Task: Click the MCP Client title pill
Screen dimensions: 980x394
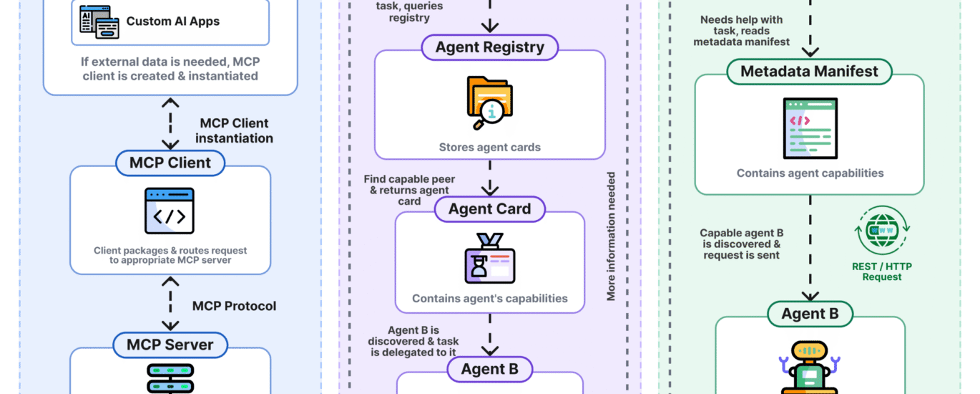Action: click(x=170, y=163)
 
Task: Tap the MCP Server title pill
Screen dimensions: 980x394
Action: click(x=170, y=345)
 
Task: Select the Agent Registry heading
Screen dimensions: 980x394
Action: click(x=489, y=47)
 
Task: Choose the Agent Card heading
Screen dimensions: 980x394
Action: click(x=489, y=209)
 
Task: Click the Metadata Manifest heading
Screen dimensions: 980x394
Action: click(x=809, y=72)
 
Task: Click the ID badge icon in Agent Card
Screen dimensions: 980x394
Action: click(x=489, y=258)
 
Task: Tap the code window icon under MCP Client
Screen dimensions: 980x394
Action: click(x=170, y=211)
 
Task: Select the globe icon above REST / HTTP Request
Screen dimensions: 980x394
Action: click(x=882, y=231)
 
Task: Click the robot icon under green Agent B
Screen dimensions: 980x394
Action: click(x=809, y=367)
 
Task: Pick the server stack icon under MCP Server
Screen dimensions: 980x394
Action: click(x=170, y=378)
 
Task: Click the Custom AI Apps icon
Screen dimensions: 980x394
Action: click(x=99, y=22)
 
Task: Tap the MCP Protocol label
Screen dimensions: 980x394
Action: click(x=234, y=306)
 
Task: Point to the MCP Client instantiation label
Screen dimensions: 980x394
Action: click(x=234, y=130)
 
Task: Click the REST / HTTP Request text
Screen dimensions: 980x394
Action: click(x=882, y=272)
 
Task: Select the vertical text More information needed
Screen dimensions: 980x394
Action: click(x=611, y=236)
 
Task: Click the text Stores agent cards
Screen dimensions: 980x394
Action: click(x=489, y=148)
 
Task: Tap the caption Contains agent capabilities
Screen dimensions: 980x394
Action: click(x=810, y=173)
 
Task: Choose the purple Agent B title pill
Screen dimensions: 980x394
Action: click(x=489, y=370)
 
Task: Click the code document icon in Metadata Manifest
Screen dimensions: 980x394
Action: click(x=810, y=128)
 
